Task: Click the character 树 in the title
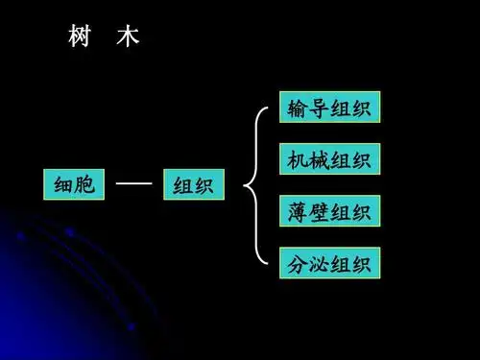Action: pos(81,38)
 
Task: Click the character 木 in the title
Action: pos(128,38)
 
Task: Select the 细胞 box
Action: pos(73,183)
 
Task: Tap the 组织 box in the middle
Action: pos(193,185)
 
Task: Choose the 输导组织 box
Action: pos(329,108)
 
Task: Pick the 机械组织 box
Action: pos(329,159)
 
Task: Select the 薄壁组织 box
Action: pos(329,211)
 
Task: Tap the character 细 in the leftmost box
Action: pos(61,183)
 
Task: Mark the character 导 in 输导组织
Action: pos(320,108)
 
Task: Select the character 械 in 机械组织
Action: pos(320,159)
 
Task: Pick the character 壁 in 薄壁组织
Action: pos(320,211)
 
